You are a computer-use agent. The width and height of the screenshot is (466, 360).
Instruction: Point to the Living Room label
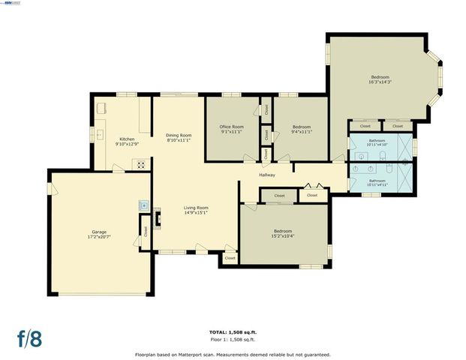tap(197, 210)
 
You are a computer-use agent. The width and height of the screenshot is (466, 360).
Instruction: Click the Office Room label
tap(231, 129)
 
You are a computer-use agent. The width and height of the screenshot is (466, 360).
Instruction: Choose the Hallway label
tap(267, 175)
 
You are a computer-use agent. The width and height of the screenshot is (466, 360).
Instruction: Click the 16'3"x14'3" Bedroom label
tap(380, 79)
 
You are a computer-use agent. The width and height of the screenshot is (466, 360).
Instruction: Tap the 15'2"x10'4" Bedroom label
tap(283, 233)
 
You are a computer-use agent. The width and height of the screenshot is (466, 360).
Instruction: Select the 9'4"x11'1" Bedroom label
tap(301, 129)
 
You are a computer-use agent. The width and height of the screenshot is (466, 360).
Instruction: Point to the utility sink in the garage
tap(142, 204)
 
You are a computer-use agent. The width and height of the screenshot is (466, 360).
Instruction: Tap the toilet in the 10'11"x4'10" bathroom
tap(382, 155)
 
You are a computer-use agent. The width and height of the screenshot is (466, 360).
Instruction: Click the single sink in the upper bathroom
tap(362, 156)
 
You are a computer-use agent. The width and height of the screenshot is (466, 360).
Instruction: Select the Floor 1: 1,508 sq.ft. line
tap(232, 339)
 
